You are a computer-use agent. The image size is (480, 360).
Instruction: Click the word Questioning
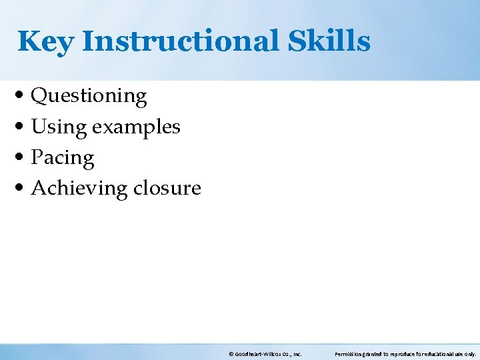pyautogui.click(x=89, y=97)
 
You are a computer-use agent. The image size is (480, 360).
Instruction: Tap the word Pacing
pyautogui.click(x=63, y=158)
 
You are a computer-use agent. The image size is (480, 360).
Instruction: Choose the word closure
pyautogui.click(x=167, y=188)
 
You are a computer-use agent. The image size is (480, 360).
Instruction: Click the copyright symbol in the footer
pyautogui.click(x=231, y=354)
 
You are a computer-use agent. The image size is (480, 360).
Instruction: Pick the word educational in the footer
pyautogui.click(x=443, y=354)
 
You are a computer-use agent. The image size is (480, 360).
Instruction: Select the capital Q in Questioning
pyautogui.click(x=39, y=97)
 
